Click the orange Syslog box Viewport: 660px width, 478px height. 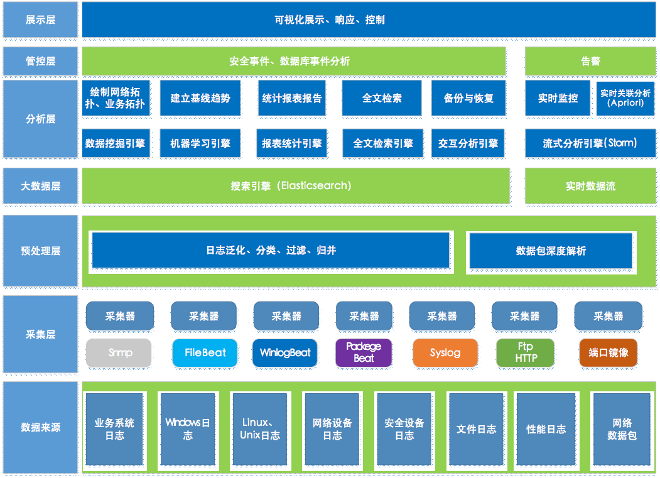click(445, 352)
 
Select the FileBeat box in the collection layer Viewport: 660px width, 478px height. click(205, 352)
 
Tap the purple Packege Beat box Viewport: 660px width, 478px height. click(364, 352)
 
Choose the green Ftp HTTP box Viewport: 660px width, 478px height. click(525, 352)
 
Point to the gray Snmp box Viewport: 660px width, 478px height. click(119, 352)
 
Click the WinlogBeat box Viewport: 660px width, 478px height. click(286, 352)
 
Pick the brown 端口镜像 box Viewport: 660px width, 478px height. click(608, 352)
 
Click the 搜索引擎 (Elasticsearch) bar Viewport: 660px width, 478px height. click(295, 186)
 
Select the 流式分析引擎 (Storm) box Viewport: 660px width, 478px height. click(590, 143)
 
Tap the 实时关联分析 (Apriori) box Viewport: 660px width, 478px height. click(625, 98)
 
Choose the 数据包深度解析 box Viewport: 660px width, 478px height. click(551, 251)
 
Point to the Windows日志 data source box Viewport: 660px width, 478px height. click(187, 429)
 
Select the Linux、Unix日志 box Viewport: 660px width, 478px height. click(260, 429)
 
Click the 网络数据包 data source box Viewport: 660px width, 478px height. click(622, 429)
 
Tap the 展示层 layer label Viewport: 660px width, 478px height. click(40, 20)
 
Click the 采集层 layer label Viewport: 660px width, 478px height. click(40, 335)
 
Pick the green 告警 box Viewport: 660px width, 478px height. click(590, 61)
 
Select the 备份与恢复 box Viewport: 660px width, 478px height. click(468, 98)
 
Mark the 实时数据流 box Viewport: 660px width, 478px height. click(590, 186)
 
